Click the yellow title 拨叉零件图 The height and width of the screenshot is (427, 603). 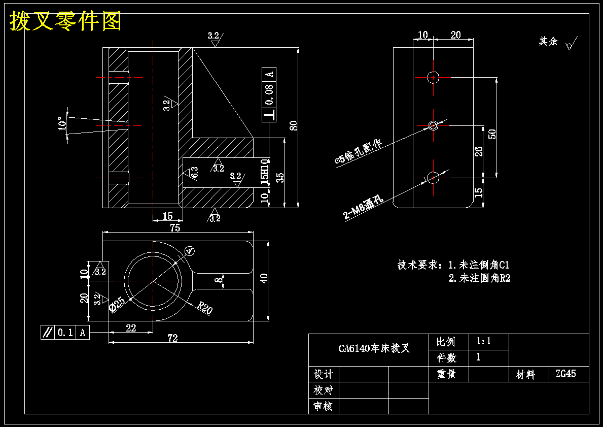pyautogui.click(x=65, y=21)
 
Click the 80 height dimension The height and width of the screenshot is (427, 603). pyautogui.click(x=294, y=125)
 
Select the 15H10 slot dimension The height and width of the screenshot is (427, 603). pyautogui.click(x=265, y=172)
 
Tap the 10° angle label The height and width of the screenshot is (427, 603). pyautogui.click(x=61, y=124)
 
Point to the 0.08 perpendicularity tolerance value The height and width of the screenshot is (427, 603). pyautogui.click(x=269, y=95)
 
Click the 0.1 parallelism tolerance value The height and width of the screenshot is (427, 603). pyautogui.click(x=65, y=332)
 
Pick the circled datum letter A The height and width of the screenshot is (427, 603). pyautogui.click(x=190, y=251)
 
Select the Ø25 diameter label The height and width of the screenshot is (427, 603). pyautogui.click(x=117, y=304)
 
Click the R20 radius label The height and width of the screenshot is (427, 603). pyautogui.click(x=205, y=308)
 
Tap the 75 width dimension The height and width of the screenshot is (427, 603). pyautogui.click(x=175, y=227)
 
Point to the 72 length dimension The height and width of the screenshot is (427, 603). pyautogui.click(x=172, y=338)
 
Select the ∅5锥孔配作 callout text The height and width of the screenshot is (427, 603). pyautogui.click(x=359, y=152)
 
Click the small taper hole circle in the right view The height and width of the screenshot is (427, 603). pyautogui.click(x=434, y=125)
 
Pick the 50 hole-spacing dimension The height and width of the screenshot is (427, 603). pyautogui.click(x=492, y=134)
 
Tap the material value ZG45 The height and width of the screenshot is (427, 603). pyautogui.click(x=565, y=374)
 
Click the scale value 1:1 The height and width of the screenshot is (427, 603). pyautogui.click(x=483, y=341)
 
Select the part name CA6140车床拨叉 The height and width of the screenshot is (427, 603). pyautogui.click(x=375, y=348)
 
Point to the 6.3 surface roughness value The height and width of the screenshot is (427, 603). pyautogui.click(x=195, y=172)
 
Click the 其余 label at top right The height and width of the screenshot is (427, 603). pyautogui.click(x=548, y=42)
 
